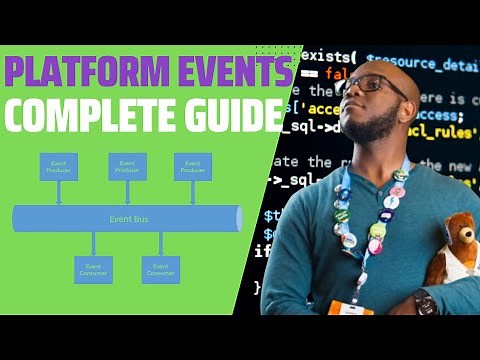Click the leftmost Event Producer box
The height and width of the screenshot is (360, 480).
(60, 166)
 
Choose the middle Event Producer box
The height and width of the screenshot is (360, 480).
(127, 166)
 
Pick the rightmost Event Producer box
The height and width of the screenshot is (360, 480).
(193, 166)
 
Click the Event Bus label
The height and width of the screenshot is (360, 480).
(127, 218)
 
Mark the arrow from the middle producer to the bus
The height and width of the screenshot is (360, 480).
(127, 193)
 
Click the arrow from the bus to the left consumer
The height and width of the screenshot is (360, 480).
(93, 243)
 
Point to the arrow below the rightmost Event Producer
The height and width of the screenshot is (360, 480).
(193, 193)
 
